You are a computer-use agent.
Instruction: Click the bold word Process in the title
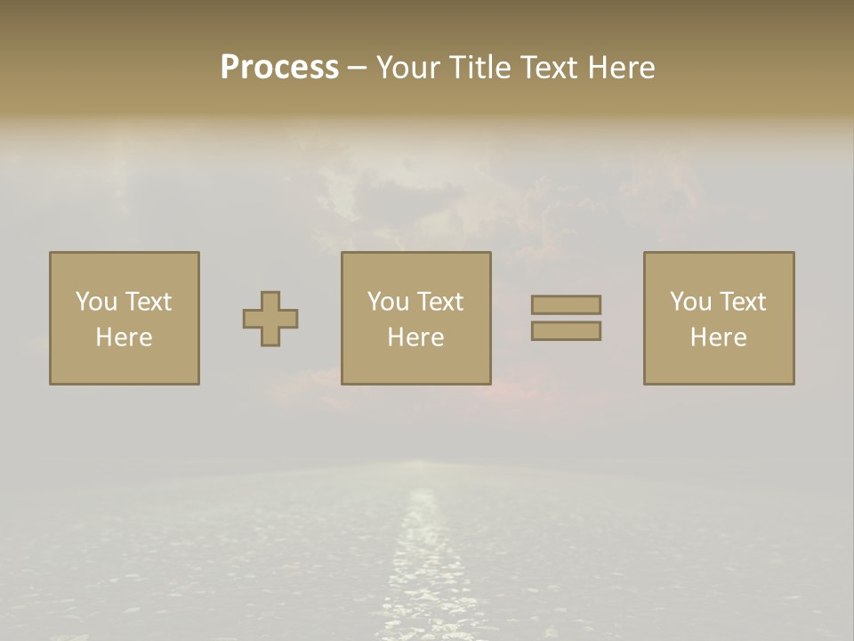click(x=279, y=68)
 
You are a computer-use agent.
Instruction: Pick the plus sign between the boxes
click(x=270, y=319)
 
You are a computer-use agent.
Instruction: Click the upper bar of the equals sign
click(x=566, y=304)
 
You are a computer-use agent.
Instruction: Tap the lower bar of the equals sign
click(x=566, y=331)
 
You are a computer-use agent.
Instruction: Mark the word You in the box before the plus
click(x=95, y=302)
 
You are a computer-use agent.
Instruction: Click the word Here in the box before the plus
click(x=125, y=337)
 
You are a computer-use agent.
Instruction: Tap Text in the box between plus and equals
click(x=440, y=302)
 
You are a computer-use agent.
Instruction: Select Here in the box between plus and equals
click(x=416, y=337)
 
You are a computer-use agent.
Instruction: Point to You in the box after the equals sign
click(x=689, y=302)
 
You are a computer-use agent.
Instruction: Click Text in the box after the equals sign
click(x=743, y=302)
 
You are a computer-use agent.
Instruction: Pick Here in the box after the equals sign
click(x=719, y=337)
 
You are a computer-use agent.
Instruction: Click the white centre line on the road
click(x=422, y=552)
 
